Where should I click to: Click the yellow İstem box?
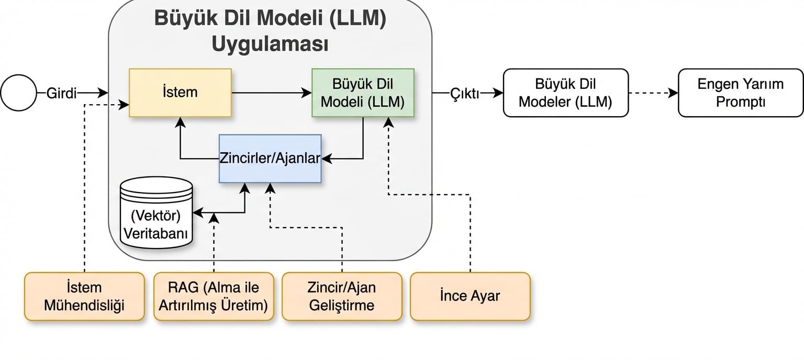pos(180,93)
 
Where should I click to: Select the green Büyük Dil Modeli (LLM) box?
pos(363,93)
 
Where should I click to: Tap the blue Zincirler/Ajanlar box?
pos(270,159)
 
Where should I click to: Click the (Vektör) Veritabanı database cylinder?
pos(156,212)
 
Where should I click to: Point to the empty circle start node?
pos(18,93)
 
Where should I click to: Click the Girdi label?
pos(62,93)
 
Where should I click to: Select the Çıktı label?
pos(465,93)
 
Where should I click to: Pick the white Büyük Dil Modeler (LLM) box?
pos(565,93)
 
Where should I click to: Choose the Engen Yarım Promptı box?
pos(740,93)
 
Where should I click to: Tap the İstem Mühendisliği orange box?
pos(84,296)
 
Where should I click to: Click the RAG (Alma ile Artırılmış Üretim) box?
pos(214,296)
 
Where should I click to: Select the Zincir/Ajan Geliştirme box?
pos(342,296)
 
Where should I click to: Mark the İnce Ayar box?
pos(470,296)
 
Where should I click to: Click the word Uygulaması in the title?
pos(270,44)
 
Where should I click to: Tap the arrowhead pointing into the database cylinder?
pos(197,212)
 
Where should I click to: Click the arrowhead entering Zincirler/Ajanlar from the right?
pos(326,159)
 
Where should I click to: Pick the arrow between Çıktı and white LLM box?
pos(490,93)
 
